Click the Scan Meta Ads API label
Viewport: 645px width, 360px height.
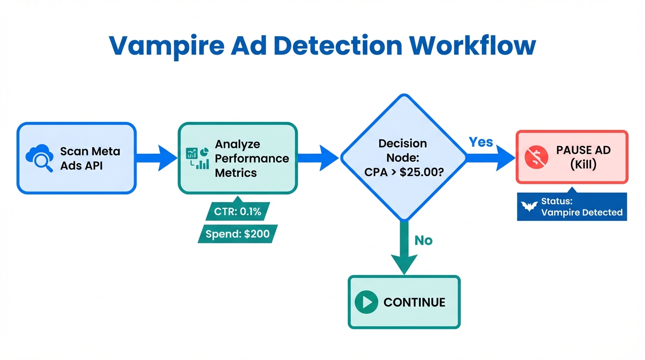(x=90, y=158)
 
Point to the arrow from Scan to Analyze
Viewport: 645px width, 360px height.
(x=157, y=158)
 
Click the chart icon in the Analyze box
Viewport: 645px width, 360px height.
(x=197, y=158)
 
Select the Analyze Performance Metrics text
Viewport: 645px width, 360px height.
(x=251, y=158)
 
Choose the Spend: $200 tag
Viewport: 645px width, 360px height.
(x=238, y=233)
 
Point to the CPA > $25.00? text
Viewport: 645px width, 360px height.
(x=403, y=172)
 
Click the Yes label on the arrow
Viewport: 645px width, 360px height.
(x=481, y=142)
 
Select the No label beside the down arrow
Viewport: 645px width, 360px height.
(x=423, y=240)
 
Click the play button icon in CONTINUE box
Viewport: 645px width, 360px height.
(x=366, y=302)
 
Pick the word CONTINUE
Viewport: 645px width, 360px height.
(x=414, y=302)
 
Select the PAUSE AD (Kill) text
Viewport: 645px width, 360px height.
(x=583, y=157)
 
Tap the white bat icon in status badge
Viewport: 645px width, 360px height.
(x=529, y=207)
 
